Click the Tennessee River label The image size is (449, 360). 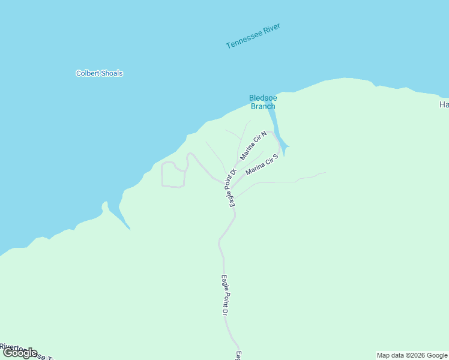(x=253, y=36)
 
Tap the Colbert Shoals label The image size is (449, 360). (x=99, y=73)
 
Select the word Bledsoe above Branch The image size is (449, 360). (x=263, y=98)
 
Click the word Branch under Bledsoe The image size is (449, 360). (x=263, y=106)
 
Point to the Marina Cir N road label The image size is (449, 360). (x=253, y=146)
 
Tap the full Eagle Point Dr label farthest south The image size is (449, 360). (x=226, y=296)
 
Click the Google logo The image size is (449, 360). (x=20, y=353)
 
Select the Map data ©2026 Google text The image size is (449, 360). (x=412, y=355)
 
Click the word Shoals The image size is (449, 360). (x=112, y=73)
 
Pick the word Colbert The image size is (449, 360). (x=88, y=73)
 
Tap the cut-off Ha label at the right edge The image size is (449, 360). (x=444, y=104)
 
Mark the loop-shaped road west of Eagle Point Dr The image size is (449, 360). (x=173, y=175)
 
